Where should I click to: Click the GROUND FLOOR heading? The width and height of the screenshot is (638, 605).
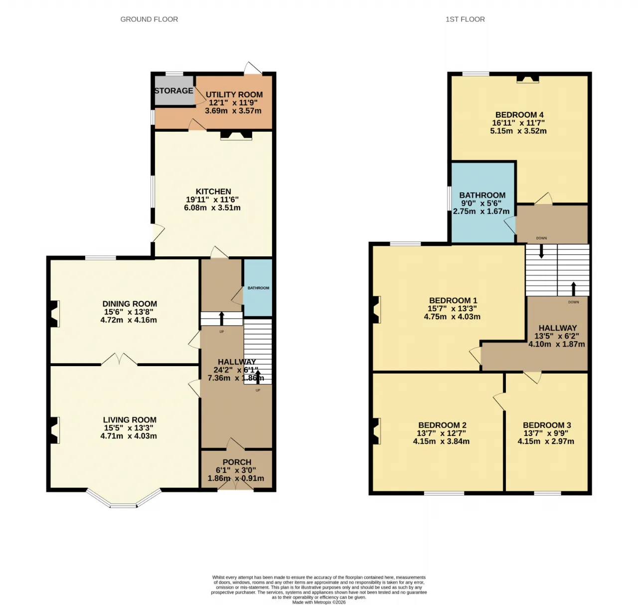[149, 19]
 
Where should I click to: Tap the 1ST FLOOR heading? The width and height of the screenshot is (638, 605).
[465, 19]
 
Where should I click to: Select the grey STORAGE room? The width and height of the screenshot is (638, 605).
[174, 91]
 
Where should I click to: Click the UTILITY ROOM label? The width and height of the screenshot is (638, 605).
[234, 94]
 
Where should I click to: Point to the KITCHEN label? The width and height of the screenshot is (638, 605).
[213, 191]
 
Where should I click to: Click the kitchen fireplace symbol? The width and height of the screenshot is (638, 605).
[236, 136]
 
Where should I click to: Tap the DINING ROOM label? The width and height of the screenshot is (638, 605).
[130, 304]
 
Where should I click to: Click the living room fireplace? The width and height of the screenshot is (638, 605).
[55, 430]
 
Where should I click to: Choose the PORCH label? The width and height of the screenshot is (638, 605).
[237, 462]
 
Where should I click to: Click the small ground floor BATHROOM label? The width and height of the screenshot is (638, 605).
[258, 288]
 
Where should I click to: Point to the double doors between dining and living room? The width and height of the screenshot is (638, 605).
[119, 359]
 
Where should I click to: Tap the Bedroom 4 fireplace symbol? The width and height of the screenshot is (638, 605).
[528, 79]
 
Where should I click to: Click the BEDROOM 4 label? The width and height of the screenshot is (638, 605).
[519, 115]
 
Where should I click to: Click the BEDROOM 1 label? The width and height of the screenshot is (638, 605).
[453, 300]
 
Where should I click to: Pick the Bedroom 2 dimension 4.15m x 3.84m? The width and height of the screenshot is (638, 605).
[441, 441]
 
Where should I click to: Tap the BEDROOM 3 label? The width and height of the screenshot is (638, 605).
[547, 425]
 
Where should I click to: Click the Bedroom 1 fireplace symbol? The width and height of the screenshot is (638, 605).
[376, 310]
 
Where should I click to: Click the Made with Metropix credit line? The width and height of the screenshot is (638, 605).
[319, 602]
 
